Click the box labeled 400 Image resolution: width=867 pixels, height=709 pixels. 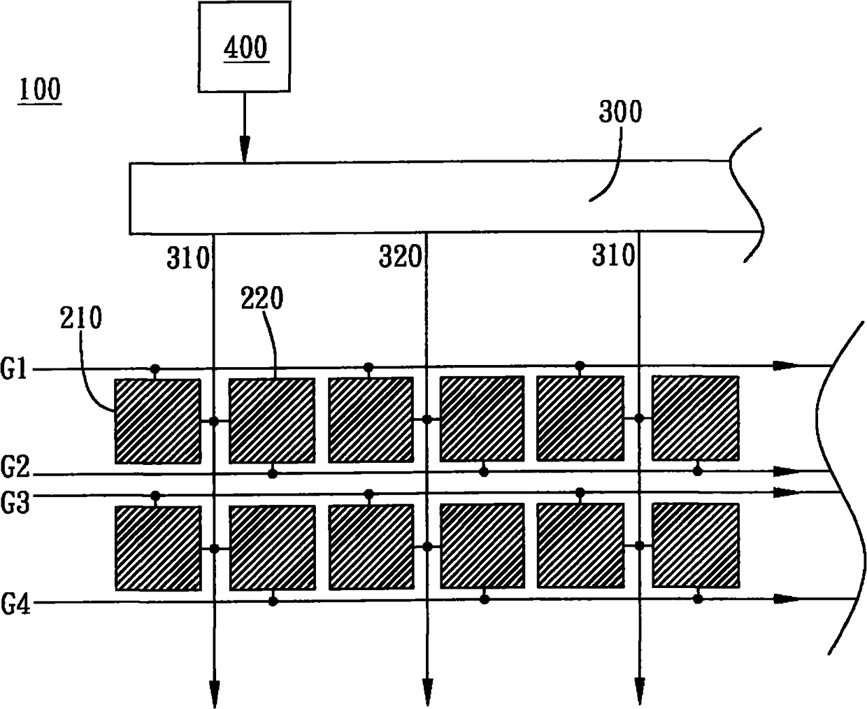243,47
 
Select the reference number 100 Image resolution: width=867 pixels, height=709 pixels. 40,90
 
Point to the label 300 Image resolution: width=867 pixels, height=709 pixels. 620,112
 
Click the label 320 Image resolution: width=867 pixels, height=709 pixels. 400,257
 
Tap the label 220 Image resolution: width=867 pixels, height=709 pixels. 262,299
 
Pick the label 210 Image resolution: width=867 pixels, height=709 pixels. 80,318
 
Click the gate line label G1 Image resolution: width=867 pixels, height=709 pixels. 15,369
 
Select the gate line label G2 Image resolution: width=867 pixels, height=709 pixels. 15,465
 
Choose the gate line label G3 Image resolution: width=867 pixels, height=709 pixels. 15,503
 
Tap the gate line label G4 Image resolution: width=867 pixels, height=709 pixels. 15,604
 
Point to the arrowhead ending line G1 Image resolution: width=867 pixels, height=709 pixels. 786,365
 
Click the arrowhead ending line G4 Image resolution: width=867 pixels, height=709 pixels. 787,599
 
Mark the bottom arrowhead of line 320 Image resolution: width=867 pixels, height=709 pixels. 427,691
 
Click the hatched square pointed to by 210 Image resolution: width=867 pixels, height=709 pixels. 157,420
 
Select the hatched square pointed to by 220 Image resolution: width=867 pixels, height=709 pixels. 271,420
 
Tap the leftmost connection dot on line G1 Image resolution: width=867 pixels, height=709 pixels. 155,368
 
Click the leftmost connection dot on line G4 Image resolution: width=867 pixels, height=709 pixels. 273,601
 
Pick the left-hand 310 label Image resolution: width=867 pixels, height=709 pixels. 187,259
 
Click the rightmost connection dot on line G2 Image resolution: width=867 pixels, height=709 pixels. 697,471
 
